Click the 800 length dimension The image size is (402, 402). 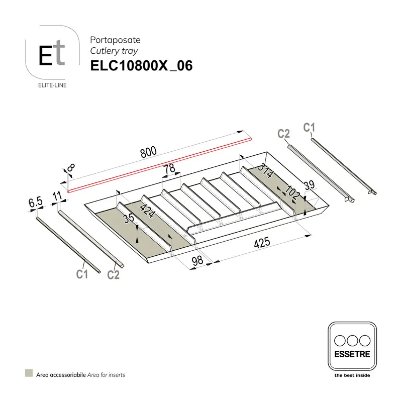click(x=148, y=152)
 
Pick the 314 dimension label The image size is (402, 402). click(x=265, y=171)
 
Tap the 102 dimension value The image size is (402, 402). click(x=293, y=192)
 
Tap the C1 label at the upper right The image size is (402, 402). click(x=309, y=128)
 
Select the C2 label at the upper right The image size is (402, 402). click(x=284, y=133)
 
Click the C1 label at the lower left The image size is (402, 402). click(x=82, y=274)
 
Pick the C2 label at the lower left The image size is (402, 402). click(x=113, y=275)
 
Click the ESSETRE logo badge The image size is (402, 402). click(x=352, y=347)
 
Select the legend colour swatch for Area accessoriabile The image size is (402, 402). click(x=29, y=374)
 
